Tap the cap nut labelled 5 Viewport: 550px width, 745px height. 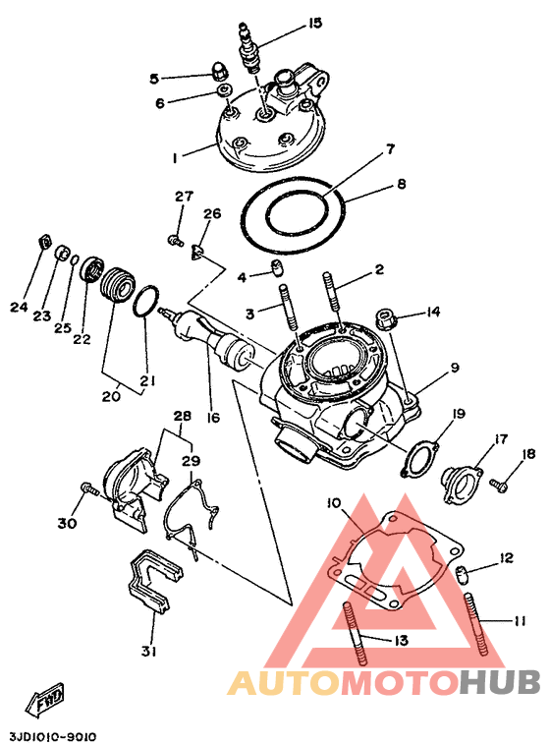pos(218,72)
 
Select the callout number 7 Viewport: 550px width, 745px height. pos(390,149)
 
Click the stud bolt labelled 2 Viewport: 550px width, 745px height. pos(332,299)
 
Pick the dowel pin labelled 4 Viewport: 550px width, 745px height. pos(276,267)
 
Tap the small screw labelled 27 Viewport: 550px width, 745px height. pos(175,240)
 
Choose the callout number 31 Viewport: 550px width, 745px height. pos(148,652)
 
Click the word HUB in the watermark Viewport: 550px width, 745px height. pos(502,683)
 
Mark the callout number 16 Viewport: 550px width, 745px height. pos(213,417)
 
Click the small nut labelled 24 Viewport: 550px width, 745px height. pos(44,242)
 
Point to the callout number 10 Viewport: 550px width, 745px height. pos(334,502)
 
